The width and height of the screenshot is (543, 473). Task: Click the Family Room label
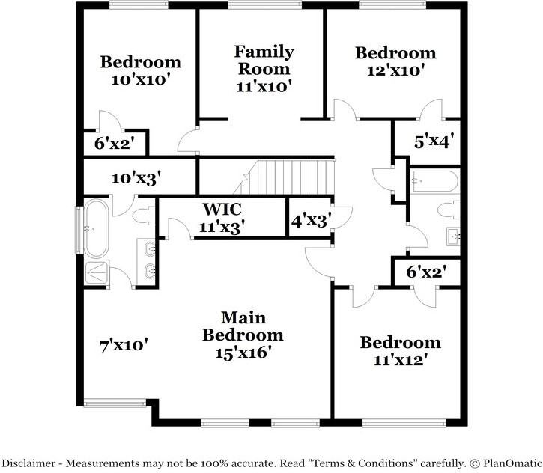263,60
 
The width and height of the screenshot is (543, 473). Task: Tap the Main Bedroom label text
243,326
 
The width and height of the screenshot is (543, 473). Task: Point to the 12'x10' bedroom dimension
395,70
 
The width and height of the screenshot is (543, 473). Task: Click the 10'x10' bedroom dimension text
141,79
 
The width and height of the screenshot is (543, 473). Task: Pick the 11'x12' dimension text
401,360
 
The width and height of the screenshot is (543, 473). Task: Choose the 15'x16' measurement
243,352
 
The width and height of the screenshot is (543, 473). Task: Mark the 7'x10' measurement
124,346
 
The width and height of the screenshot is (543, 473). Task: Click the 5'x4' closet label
434,139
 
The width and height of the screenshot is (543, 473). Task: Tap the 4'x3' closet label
311,220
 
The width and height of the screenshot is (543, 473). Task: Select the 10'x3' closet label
136,178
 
